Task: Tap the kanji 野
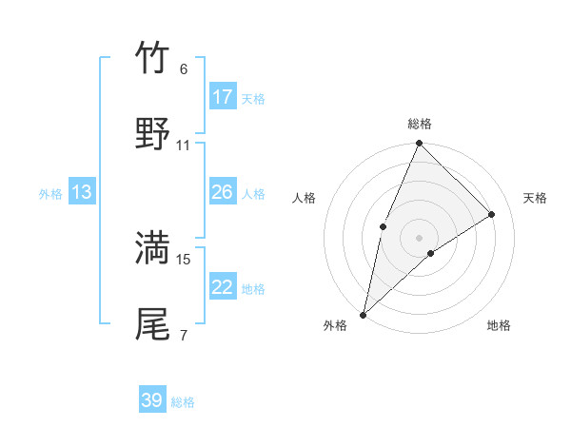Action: (153, 134)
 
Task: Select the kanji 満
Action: (153, 247)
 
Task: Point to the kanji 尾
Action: (153, 323)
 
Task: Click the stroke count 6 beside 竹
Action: (184, 69)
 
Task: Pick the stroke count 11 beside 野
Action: (184, 146)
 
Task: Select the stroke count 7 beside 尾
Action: (184, 335)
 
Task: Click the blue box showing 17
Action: (222, 97)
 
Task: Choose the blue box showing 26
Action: (222, 192)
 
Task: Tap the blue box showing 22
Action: (222, 287)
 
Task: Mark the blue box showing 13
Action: (82, 192)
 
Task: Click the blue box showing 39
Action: (151, 400)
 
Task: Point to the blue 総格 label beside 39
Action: (184, 402)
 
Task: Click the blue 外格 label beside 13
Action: (50, 194)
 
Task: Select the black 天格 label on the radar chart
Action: (536, 198)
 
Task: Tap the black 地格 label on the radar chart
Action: (499, 325)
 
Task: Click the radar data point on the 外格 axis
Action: (363, 314)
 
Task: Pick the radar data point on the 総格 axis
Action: (419, 144)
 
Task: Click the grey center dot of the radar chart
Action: (419, 237)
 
